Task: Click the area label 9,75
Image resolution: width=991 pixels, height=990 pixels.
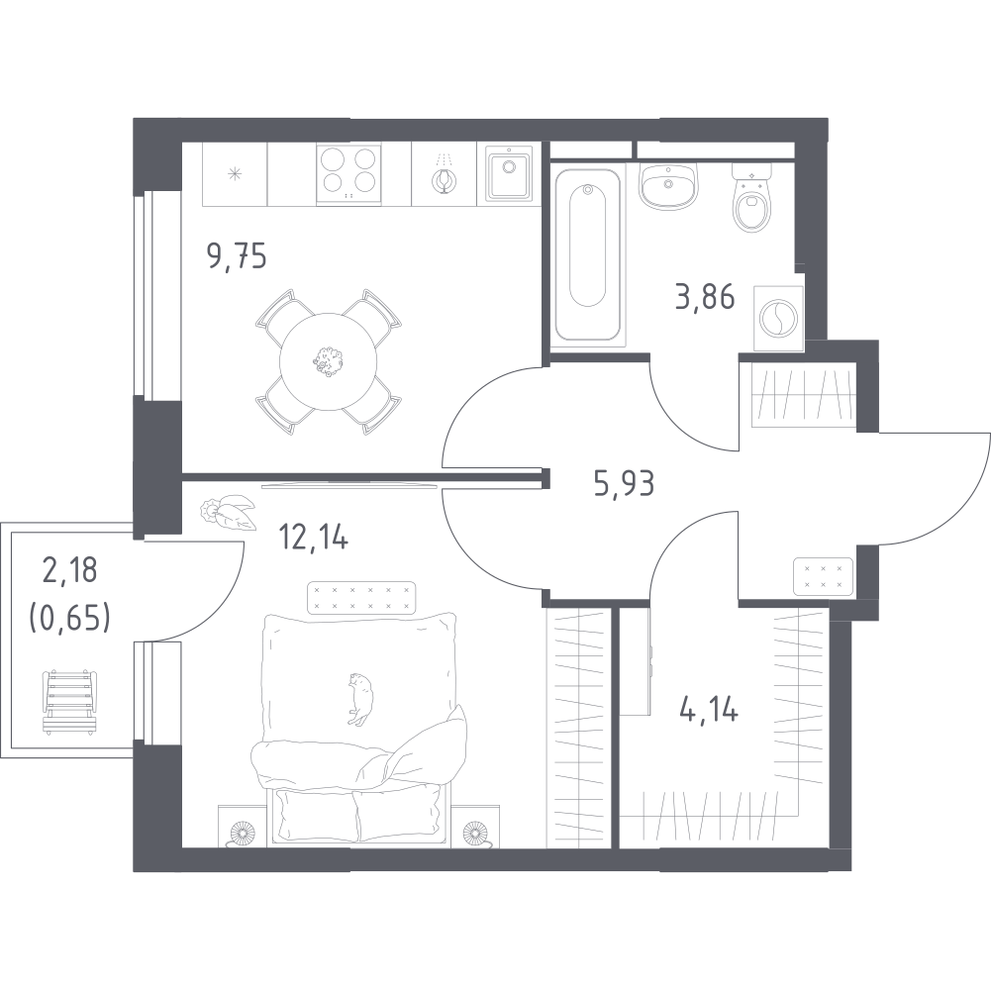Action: click(238, 257)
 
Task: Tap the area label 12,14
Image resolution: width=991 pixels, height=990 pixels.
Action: click(314, 537)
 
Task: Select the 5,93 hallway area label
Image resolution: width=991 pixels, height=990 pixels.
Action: click(624, 484)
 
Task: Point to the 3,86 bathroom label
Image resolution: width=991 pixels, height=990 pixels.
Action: click(705, 296)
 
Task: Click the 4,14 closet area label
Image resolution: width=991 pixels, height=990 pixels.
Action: click(709, 710)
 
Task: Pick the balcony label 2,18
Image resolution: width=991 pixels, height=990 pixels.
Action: click(69, 569)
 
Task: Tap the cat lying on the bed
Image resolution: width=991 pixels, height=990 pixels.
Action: click(359, 698)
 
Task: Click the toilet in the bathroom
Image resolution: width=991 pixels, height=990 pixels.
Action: click(751, 198)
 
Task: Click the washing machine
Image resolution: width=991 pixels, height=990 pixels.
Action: click(779, 318)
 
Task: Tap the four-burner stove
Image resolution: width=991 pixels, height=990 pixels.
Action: click(348, 174)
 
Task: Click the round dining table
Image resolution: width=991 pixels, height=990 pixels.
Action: click(328, 361)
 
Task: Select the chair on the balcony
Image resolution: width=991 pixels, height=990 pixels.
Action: click(69, 701)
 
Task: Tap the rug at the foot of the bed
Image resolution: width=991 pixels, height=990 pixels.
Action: click(361, 597)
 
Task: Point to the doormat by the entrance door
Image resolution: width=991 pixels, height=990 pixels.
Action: click(823, 576)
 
